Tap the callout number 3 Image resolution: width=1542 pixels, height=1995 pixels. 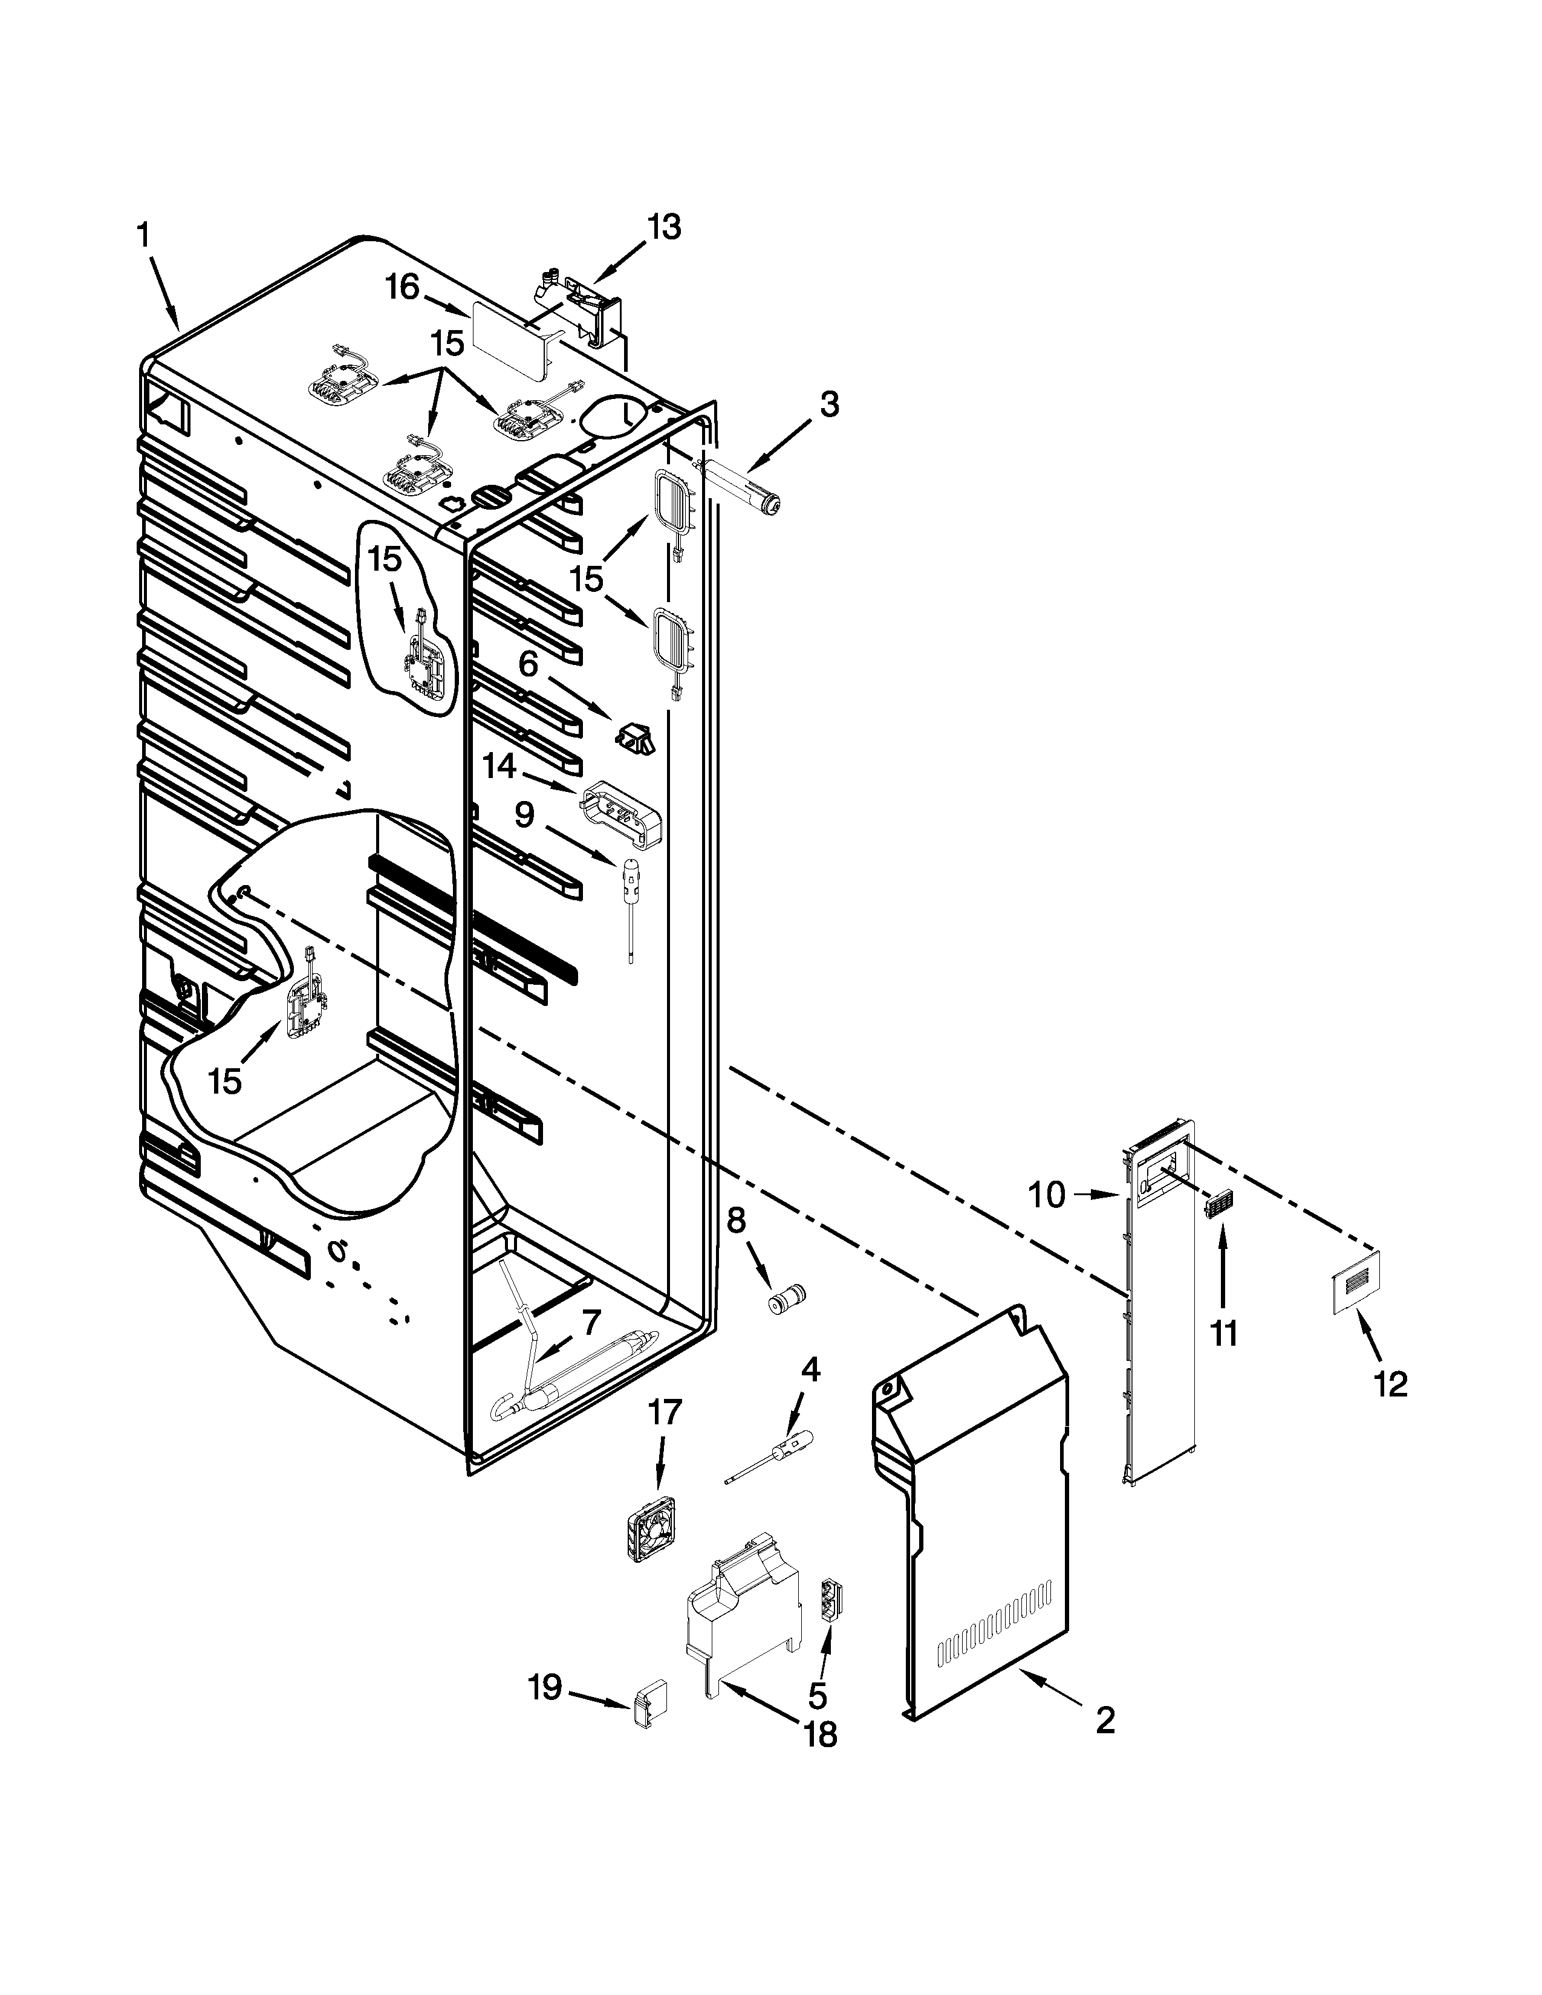(828, 404)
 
